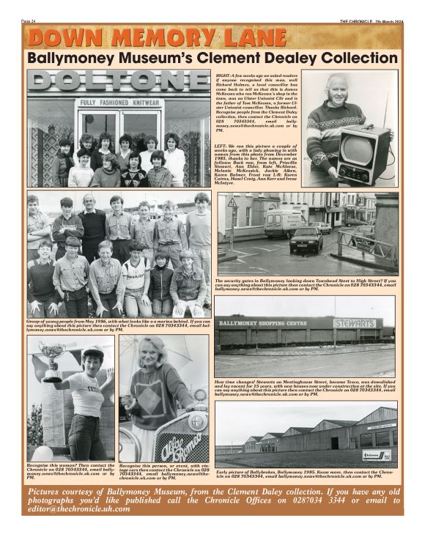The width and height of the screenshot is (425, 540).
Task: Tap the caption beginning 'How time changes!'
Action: coord(306,389)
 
